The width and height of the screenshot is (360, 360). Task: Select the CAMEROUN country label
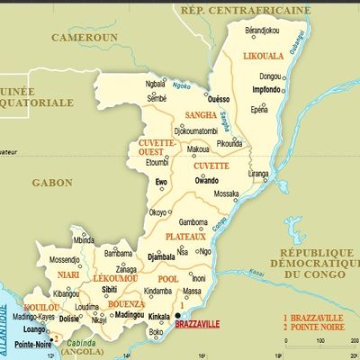84,39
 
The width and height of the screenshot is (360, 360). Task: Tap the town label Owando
207,181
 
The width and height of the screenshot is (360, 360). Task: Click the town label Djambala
162,256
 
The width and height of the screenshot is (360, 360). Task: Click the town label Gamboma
193,221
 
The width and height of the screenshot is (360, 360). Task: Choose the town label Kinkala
159,318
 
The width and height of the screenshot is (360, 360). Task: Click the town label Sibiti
111,291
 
